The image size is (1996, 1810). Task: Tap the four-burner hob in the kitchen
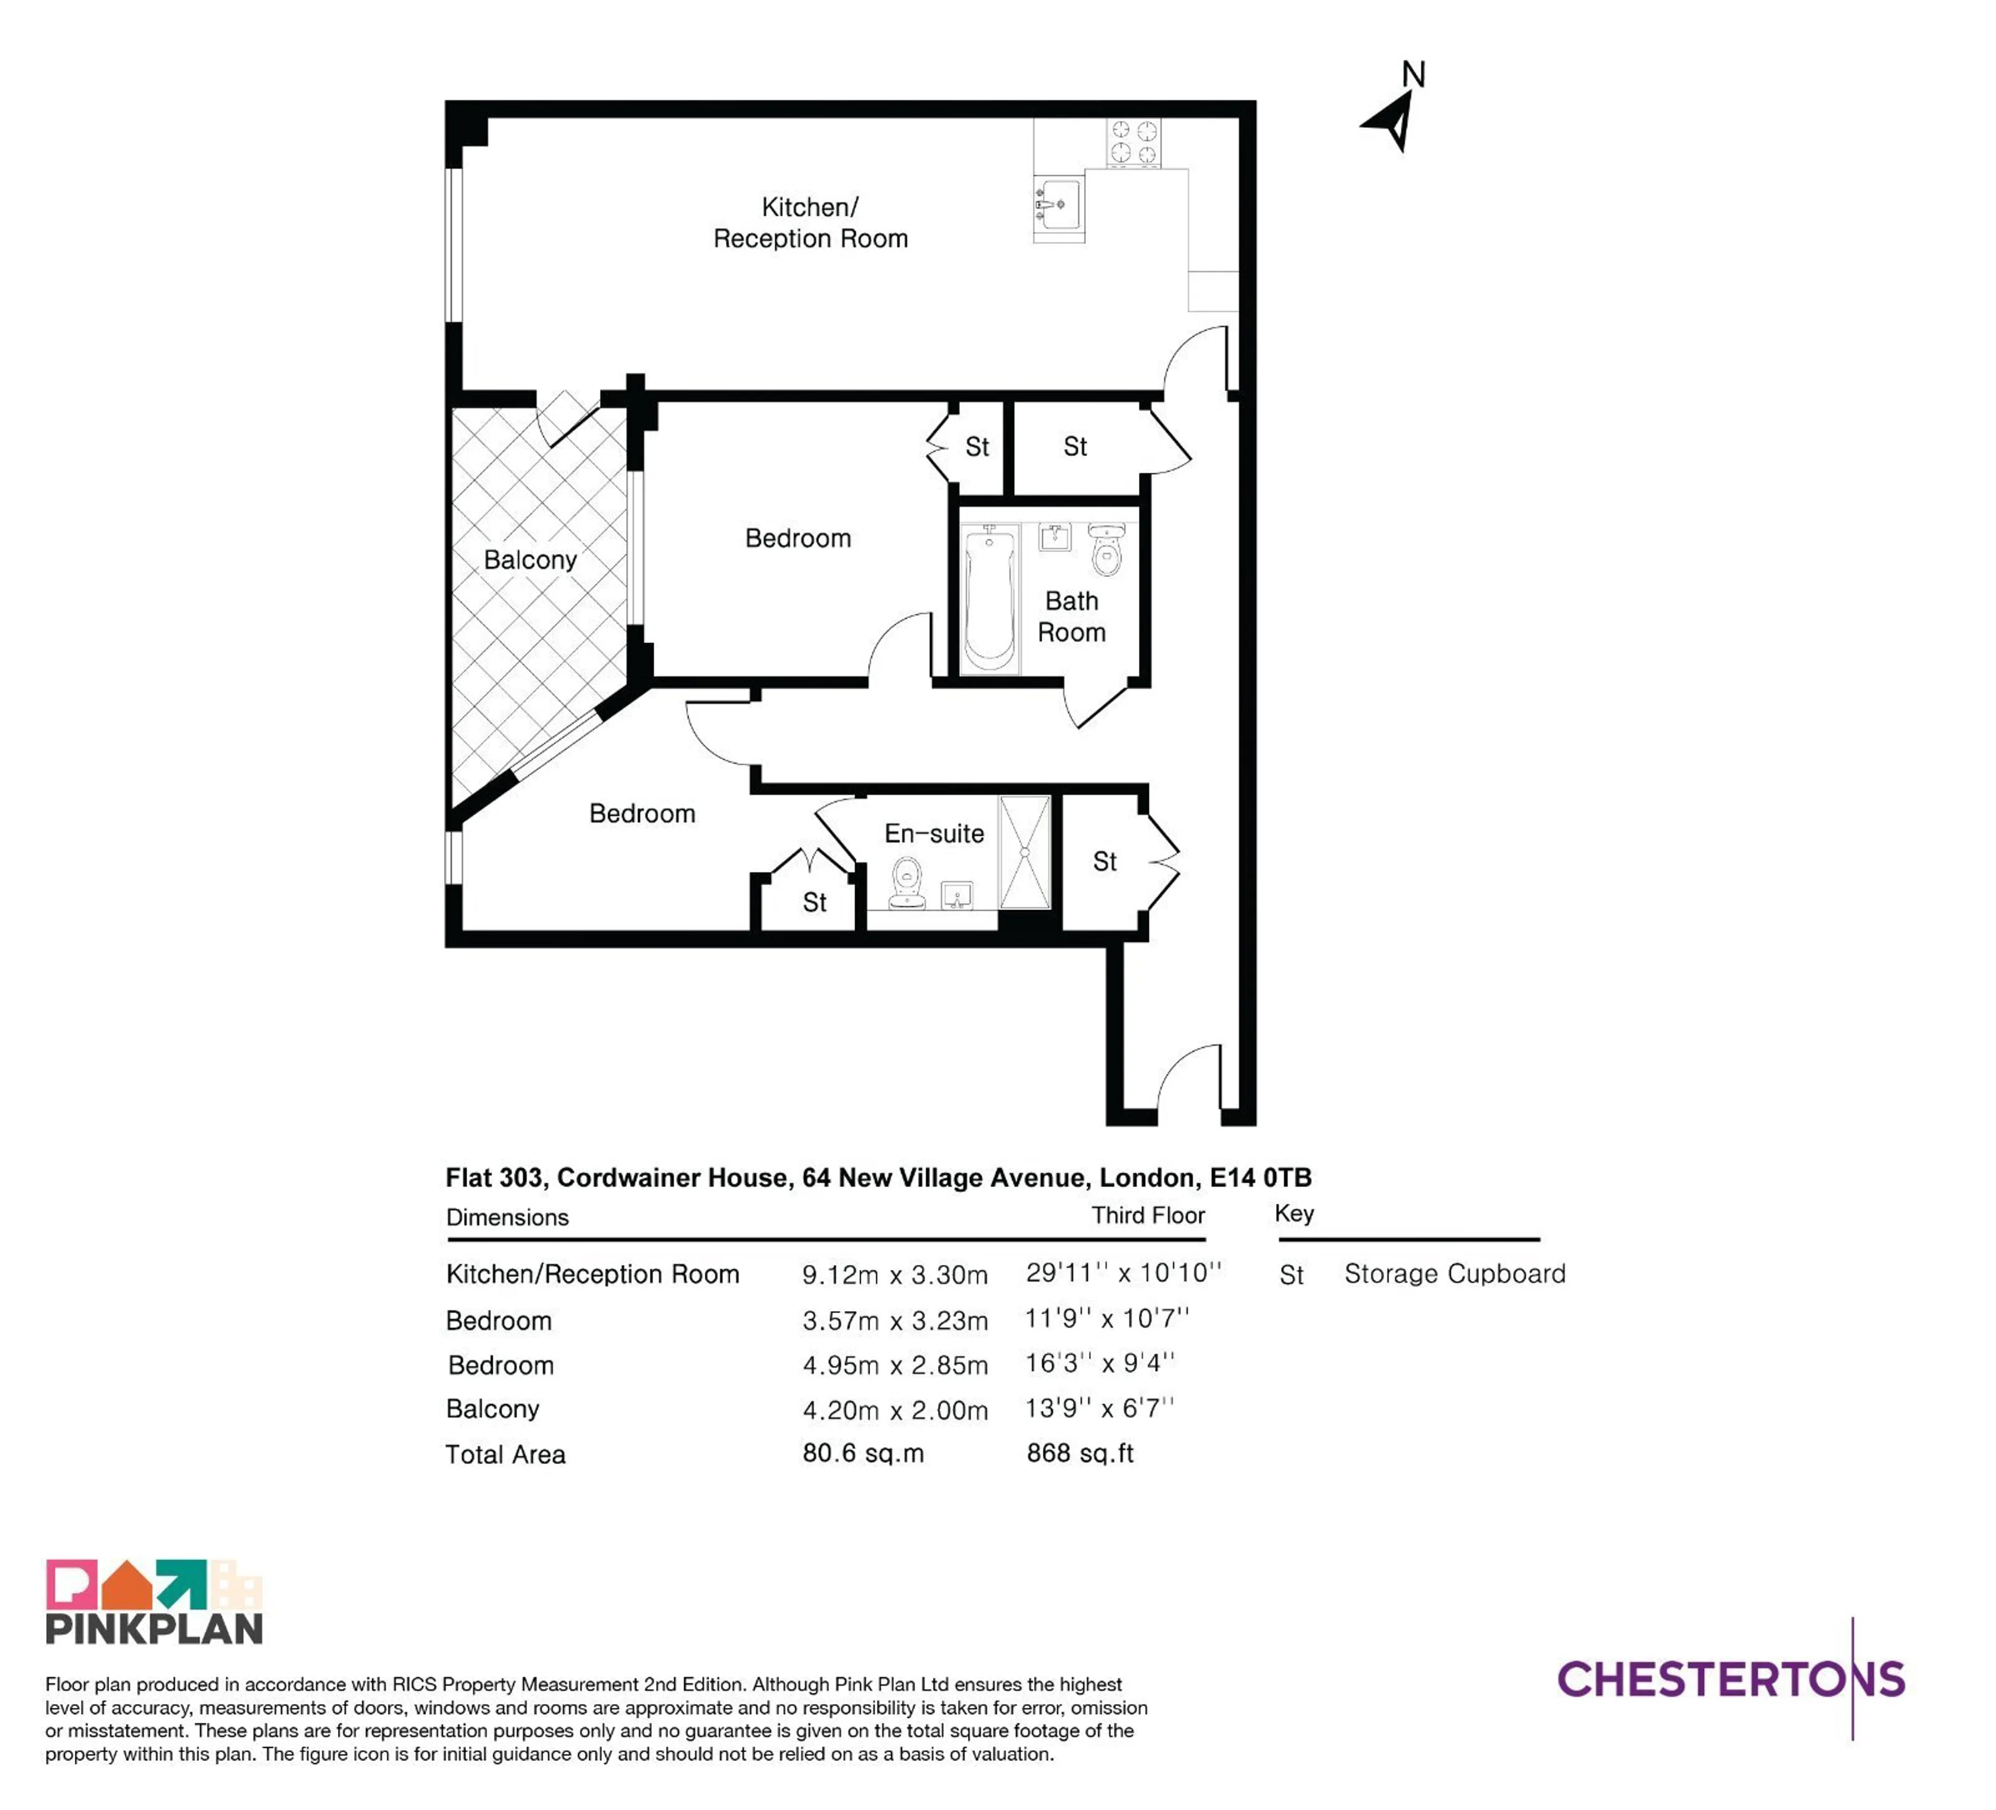click(1134, 141)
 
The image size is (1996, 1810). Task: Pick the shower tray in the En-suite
click(1025, 851)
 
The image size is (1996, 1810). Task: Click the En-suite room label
click(934, 834)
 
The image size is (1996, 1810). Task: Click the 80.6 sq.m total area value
click(862, 1453)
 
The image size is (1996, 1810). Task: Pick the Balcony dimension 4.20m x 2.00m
click(895, 1410)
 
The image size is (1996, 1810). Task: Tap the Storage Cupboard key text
click(1454, 1274)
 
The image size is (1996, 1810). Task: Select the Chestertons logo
click(1731, 1680)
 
